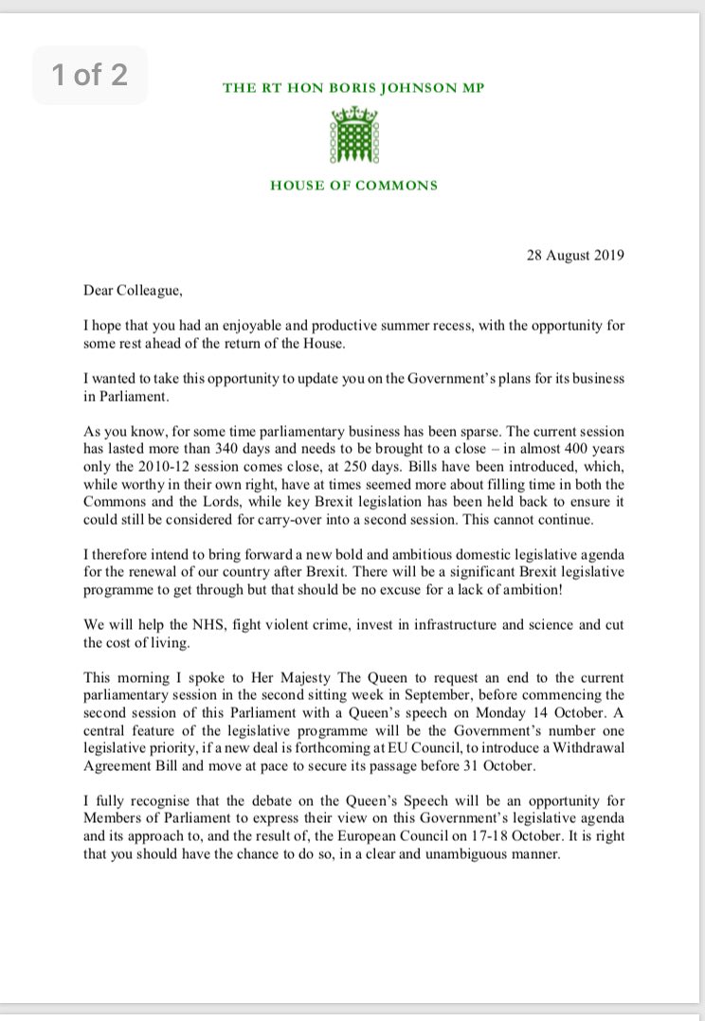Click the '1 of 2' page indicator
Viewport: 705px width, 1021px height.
(90, 76)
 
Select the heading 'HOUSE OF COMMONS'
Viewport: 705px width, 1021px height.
(353, 185)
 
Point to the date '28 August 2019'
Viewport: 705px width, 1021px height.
(576, 256)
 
